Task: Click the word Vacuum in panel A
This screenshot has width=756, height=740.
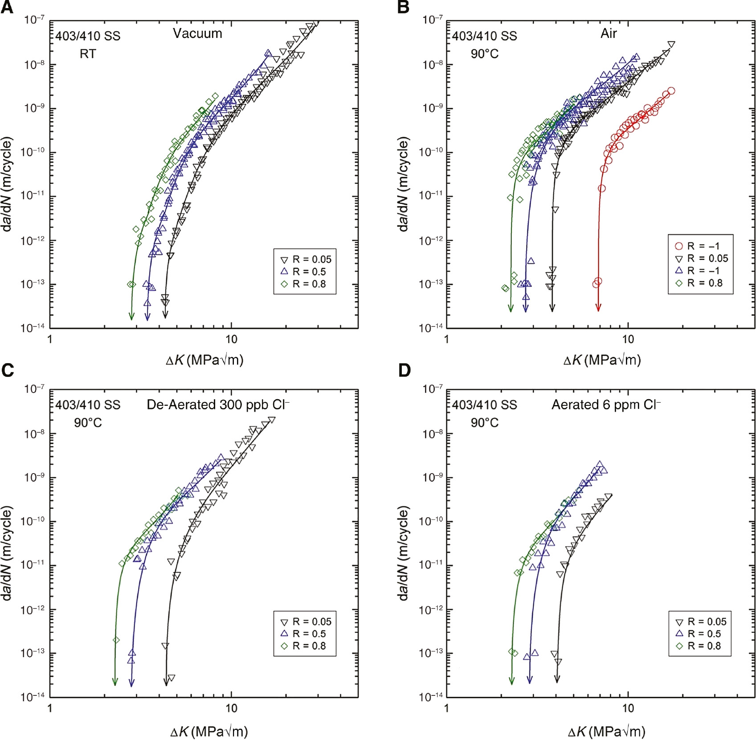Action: [197, 33]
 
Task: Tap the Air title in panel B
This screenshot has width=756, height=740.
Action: [609, 33]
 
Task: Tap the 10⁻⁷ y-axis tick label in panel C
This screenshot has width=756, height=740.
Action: [34, 389]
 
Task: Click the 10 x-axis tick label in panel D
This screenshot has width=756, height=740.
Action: [628, 708]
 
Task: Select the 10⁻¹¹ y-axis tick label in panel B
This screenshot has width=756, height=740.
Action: [431, 196]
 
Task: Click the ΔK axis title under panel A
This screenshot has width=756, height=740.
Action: [204, 360]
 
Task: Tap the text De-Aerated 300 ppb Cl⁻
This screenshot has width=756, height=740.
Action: [218, 405]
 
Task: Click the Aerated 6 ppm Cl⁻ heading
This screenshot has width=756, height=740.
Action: [606, 405]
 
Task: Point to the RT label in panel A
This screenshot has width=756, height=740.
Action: [88, 54]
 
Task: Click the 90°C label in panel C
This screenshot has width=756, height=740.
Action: [88, 422]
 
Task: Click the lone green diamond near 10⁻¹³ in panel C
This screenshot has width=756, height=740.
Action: [116, 640]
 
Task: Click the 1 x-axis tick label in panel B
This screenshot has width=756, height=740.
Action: [446, 339]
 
